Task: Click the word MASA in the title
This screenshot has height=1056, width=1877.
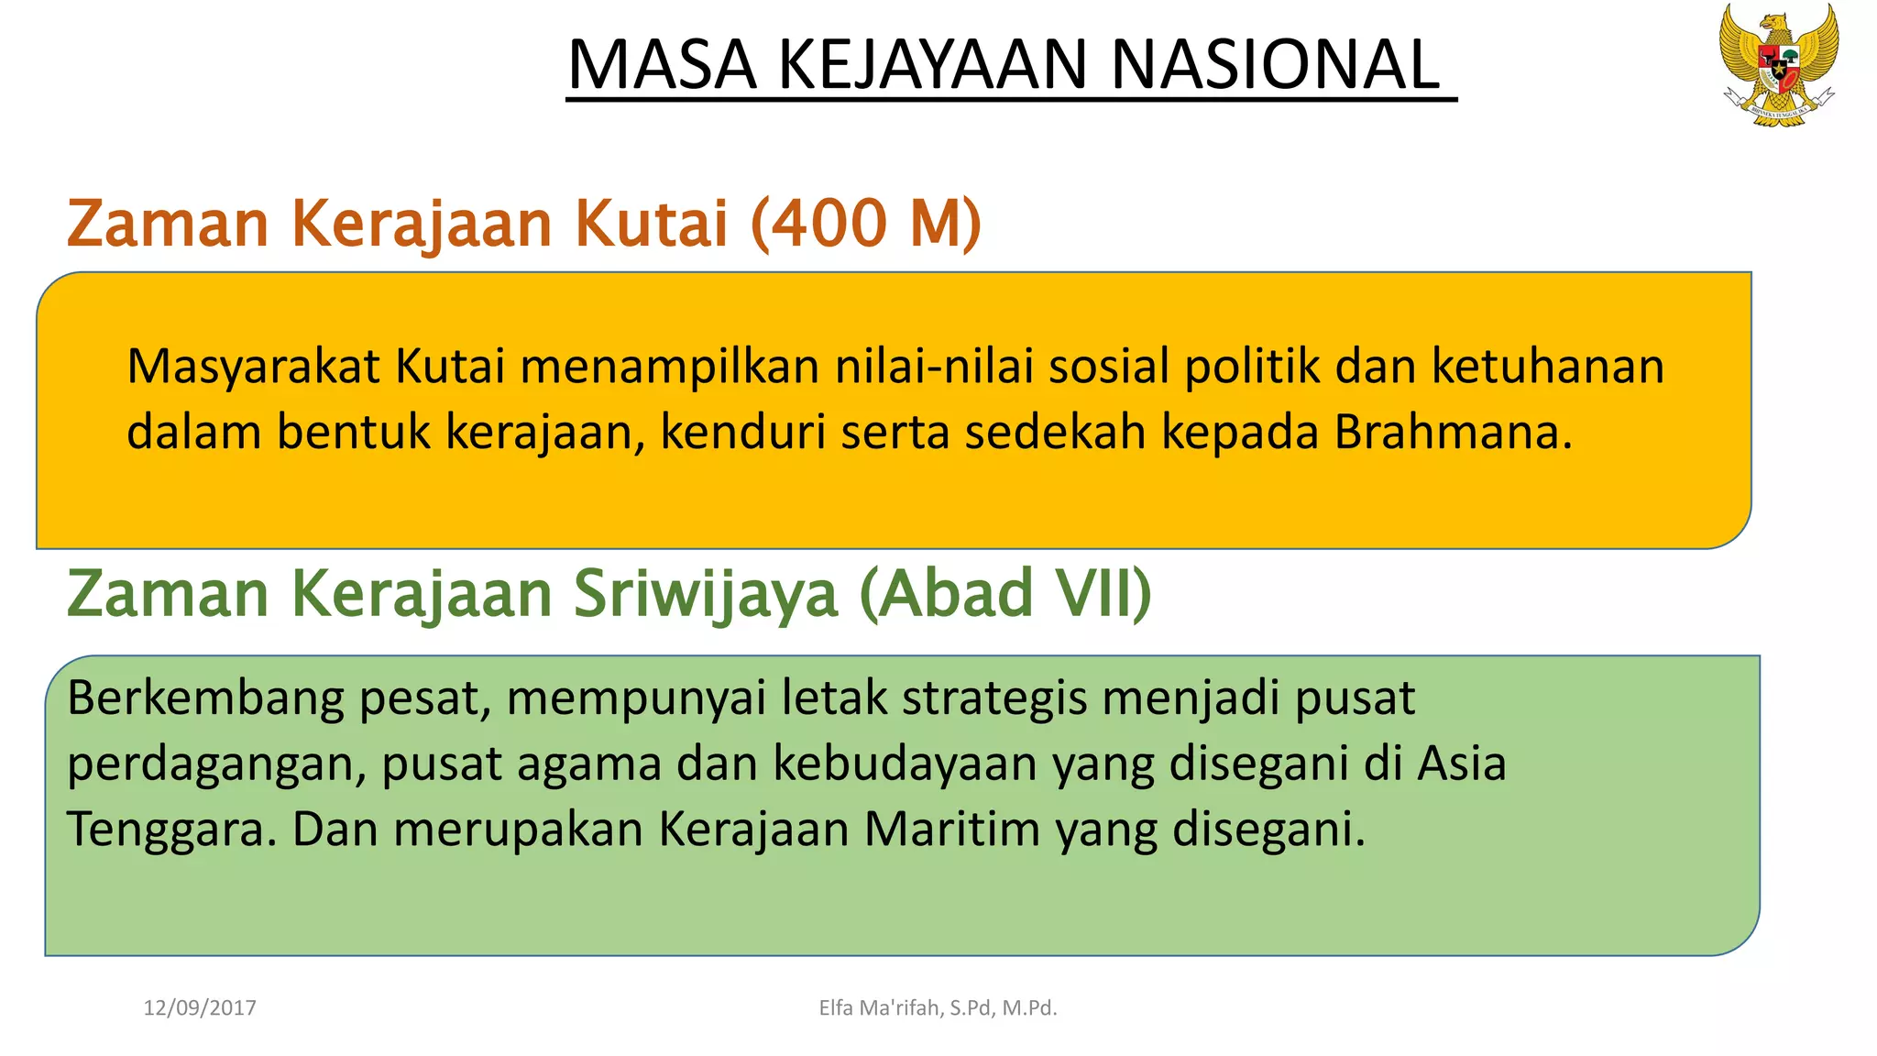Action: (662, 65)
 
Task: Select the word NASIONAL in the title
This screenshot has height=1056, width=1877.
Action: (1275, 65)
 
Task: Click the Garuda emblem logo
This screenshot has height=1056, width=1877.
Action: (1778, 64)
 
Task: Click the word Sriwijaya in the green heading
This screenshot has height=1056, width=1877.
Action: (705, 593)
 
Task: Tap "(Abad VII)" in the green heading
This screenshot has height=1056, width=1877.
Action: (1005, 593)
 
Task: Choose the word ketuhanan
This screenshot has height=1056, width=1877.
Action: (1548, 367)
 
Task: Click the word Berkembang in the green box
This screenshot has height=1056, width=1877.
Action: (205, 699)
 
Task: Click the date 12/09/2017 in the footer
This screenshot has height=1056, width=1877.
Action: (200, 1008)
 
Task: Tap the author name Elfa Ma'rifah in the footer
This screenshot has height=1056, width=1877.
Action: (880, 1008)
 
